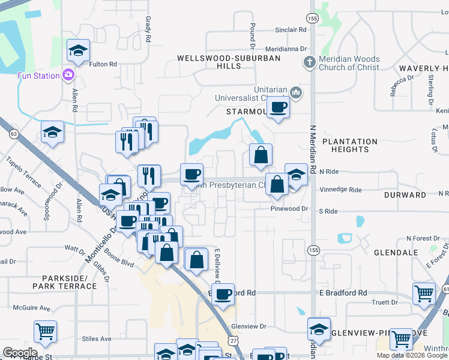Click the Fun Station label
pyautogui.click(x=38, y=76)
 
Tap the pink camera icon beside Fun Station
pyautogui.click(x=68, y=76)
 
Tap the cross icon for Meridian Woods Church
pyautogui.click(x=309, y=62)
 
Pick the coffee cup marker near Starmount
pyautogui.click(x=277, y=107)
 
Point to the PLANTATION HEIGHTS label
pyautogui.click(x=350, y=145)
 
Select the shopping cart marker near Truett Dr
pyautogui.click(x=424, y=293)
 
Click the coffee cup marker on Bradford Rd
pyautogui.click(x=223, y=295)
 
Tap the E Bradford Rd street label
pyautogui.click(x=343, y=293)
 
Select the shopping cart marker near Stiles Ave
pyautogui.click(x=45, y=331)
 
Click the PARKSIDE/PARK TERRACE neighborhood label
pyautogui.click(x=69, y=282)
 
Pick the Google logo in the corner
pyautogui.click(x=20, y=352)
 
